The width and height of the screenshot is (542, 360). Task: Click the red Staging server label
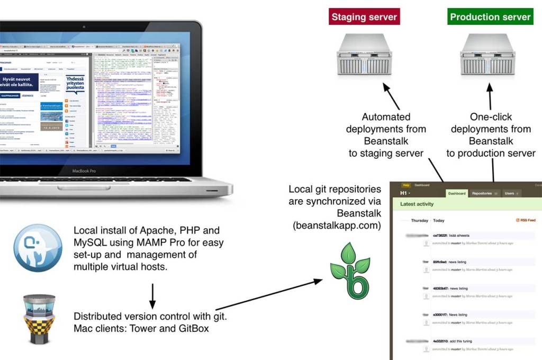(364, 17)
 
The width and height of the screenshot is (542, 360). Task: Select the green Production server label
(490, 17)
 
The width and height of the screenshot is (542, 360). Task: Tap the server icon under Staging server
(365, 55)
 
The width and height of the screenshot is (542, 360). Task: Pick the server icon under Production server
(487, 55)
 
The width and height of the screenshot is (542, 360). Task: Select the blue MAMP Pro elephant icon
(38, 248)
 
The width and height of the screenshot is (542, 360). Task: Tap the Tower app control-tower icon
(39, 318)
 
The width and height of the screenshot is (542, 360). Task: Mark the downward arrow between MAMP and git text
(152, 296)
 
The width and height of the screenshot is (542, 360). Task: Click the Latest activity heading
(417, 204)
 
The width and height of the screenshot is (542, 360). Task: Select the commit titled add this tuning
(453, 341)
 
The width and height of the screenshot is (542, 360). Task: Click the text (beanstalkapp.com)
(337, 226)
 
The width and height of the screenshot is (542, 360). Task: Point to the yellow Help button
(406, 185)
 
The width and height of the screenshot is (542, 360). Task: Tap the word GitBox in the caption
(194, 328)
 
